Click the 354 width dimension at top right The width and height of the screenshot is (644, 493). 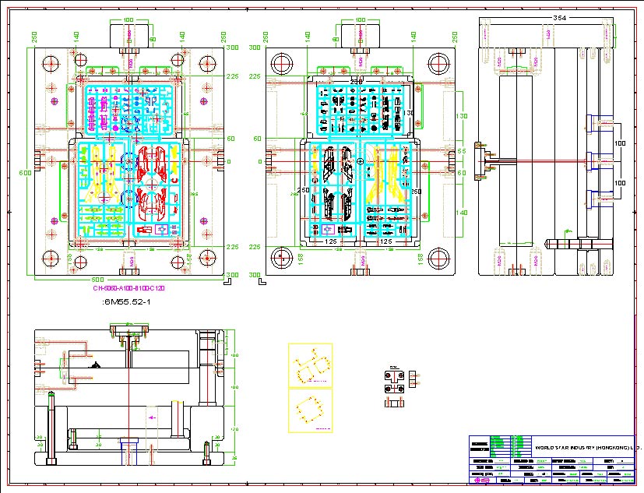coord(558,17)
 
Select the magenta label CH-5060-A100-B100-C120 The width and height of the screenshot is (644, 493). coord(129,288)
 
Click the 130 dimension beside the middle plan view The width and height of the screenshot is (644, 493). coord(460,116)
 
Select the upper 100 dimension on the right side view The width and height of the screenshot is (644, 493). coord(620,144)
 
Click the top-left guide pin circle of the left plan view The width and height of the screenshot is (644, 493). coord(51,63)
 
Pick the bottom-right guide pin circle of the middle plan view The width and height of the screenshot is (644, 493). coord(438,257)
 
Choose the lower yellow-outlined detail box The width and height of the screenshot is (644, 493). coord(310,410)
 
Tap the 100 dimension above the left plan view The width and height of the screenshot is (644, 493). coord(128,19)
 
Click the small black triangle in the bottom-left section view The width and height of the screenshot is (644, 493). coord(95,364)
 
